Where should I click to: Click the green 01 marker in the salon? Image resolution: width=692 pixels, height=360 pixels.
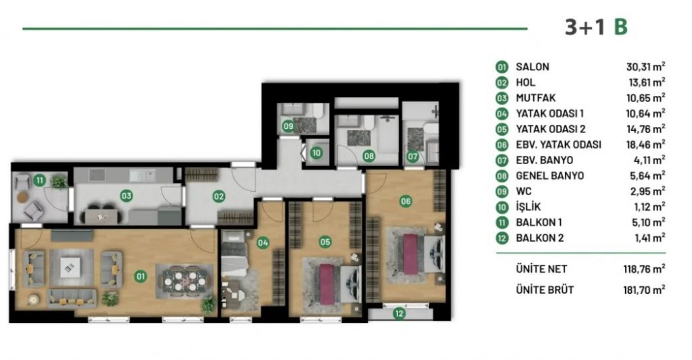(141, 277)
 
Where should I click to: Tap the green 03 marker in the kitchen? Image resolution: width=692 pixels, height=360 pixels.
(126, 195)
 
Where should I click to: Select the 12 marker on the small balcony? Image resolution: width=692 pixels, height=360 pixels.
(399, 313)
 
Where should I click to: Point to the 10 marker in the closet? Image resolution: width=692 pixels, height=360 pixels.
(316, 153)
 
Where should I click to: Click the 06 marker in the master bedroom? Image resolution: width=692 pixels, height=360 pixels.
(405, 202)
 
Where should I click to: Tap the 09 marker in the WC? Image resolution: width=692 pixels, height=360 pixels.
(288, 126)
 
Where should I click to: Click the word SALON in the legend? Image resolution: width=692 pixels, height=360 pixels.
(533, 67)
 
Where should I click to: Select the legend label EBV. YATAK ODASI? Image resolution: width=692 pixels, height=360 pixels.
(559, 145)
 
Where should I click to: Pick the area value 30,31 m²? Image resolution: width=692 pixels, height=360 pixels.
(645, 67)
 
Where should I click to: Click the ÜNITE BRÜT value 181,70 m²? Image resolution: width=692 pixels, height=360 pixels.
(644, 290)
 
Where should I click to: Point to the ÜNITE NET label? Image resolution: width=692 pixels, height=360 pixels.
(541, 269)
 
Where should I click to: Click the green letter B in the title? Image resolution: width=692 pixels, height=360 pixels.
(620, 27)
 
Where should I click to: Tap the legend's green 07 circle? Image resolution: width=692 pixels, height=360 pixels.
(502, 161)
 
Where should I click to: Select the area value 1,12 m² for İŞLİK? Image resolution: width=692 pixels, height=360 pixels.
(648, 207)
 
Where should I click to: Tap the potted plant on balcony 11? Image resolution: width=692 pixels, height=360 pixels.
(58, 181)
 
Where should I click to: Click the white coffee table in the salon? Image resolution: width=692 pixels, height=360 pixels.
(70, 267)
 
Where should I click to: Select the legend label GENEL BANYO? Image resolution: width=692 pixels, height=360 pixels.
(550, 176)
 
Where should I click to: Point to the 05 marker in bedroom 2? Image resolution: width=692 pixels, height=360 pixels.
(325, 242)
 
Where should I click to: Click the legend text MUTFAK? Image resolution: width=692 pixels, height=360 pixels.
(536, 98)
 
